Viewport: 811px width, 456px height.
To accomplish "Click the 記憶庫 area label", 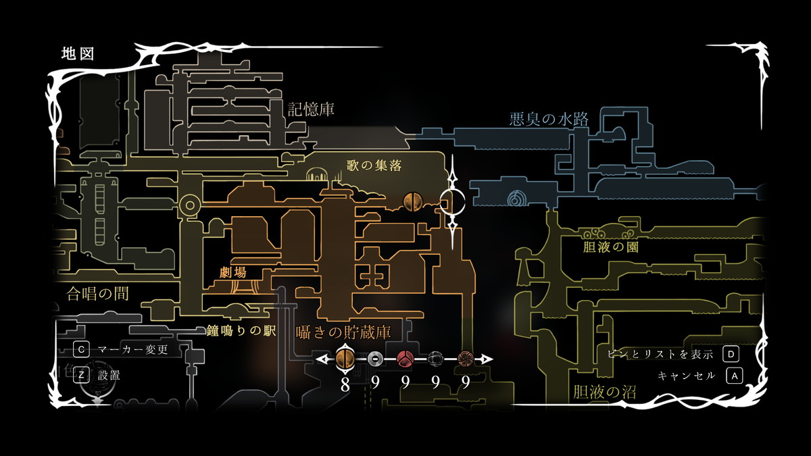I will pyautogui.click(x=311, y=109).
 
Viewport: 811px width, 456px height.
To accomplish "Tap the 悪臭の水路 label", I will pyautogui.click(x=548, y=120).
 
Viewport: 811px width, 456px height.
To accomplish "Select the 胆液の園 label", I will pyautogui.click(x=610, y=247).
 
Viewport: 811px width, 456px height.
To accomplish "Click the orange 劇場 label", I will pyautogui.click(x=233, y=272).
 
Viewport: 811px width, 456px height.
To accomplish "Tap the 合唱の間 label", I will pyautogui.click(x=98, y=293).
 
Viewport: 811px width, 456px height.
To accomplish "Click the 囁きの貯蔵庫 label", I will pyautogui.click(x=344, y=332).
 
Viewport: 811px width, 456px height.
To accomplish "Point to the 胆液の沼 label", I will pyautogui.click(x=604, y=392).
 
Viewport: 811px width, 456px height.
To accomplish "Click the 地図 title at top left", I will pyautogui.click(x=77, y=53).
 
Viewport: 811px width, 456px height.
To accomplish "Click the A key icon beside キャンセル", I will pyautogui.click(x=734, y=376).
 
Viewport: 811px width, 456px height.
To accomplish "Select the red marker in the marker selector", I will pyautogui.click(x=405, y=359).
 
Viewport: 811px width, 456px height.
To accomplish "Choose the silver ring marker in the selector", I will pyautogui.click(x=375, y=359).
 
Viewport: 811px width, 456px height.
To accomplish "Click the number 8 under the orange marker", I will pyautogui.click(x=345, y=384).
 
